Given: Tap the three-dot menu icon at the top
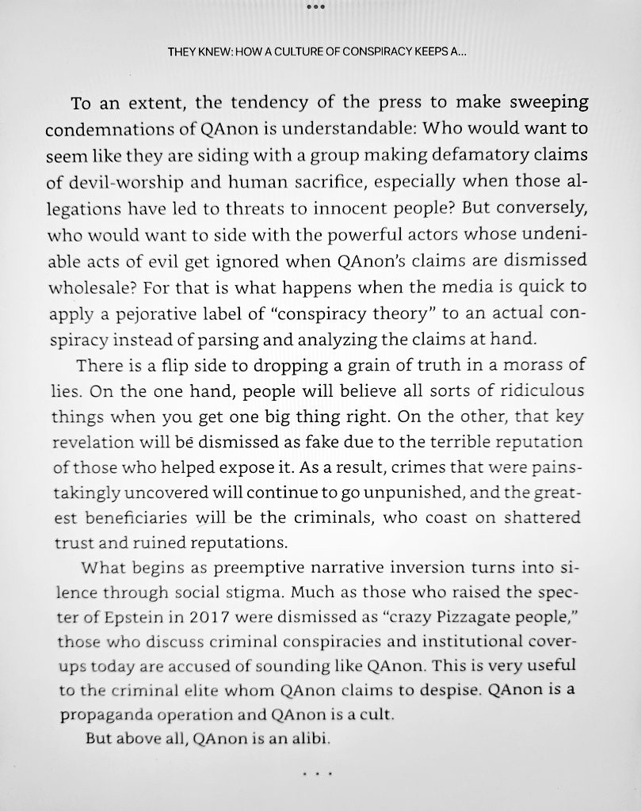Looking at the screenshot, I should (x=320, y=7).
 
